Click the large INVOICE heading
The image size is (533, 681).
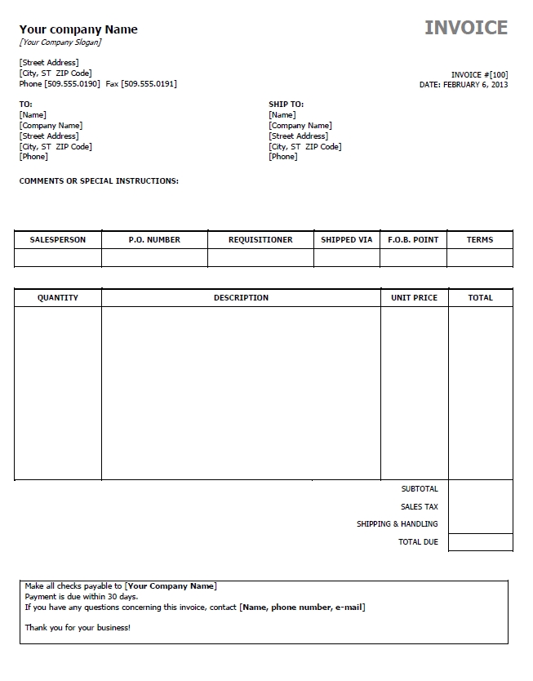point(466,28)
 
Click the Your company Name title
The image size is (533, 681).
point(78,29)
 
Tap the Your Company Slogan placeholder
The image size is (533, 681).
point(61,42)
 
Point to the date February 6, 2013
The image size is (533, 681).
point(475,84)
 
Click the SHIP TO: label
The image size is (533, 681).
point(286,105)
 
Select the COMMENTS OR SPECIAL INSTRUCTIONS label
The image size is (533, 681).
point(99,181)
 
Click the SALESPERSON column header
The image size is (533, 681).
point(58,240)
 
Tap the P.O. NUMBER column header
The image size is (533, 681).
point(154,240)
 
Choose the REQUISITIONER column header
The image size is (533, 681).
point(260,240)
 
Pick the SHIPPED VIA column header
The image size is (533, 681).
point(346,240)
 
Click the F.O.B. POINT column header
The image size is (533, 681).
point(413,240)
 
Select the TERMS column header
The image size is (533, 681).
point(480,240)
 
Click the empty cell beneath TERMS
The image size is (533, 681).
point(480,258)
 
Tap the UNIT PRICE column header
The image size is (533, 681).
point(414,298)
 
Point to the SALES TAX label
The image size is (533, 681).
point(420,507)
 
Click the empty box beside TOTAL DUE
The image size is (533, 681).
point(481,542)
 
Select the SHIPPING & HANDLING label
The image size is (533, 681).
point(397,524)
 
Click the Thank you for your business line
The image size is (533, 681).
point(78,628)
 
